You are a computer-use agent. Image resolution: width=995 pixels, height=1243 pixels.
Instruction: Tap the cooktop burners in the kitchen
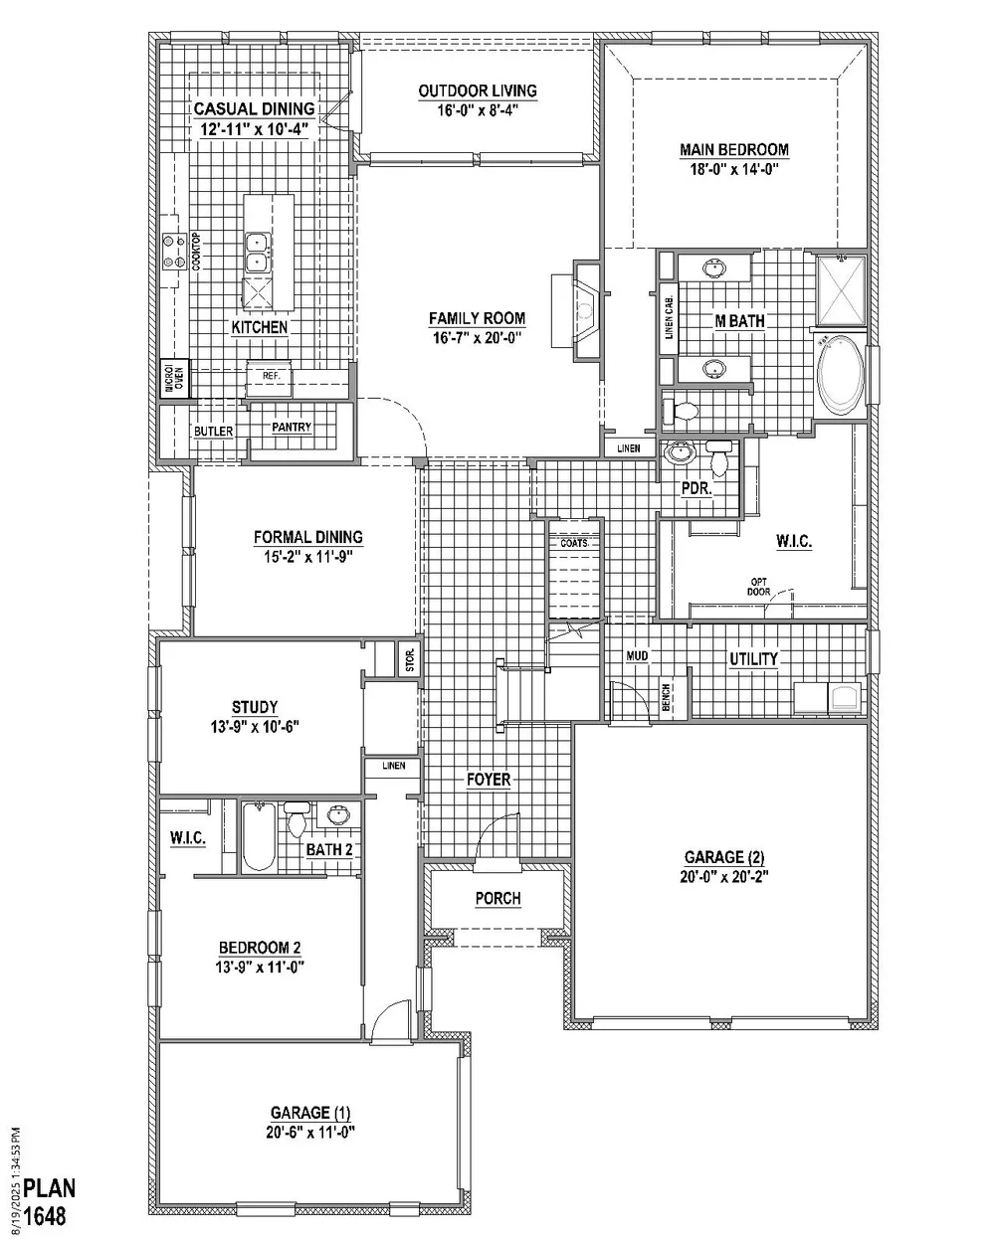click(173, 251)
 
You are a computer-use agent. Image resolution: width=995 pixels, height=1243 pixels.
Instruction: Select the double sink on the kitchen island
click(257, 252)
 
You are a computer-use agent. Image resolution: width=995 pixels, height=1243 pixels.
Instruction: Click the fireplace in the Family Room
click(586, 311)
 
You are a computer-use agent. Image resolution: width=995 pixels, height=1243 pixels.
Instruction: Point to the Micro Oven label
click(174, 380)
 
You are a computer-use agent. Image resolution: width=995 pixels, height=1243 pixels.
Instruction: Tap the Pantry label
click(292, 427)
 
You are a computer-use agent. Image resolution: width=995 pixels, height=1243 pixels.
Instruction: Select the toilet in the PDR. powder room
click(718, 455)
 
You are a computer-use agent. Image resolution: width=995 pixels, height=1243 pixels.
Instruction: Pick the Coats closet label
click(574, 543)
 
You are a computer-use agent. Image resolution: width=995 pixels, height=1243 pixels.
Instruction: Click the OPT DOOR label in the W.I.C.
click(758, 587)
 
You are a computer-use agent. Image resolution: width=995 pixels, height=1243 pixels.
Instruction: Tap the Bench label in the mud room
click(666, 697)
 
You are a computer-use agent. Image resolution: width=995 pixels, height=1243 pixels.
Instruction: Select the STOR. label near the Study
click(410, 659)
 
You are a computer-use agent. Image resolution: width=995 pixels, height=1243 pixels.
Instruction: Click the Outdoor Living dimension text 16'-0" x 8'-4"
click(478, 109)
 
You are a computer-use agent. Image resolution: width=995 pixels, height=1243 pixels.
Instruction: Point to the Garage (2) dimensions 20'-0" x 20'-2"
click(723, 876)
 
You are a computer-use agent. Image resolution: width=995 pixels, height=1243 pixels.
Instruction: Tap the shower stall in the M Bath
click(841, 290)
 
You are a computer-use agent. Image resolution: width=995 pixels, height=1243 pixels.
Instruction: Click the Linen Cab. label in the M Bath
click(669, 317)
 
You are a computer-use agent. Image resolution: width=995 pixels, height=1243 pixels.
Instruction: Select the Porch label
click(497, 898)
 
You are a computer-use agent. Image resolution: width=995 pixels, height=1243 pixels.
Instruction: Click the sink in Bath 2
click(337, 815)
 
